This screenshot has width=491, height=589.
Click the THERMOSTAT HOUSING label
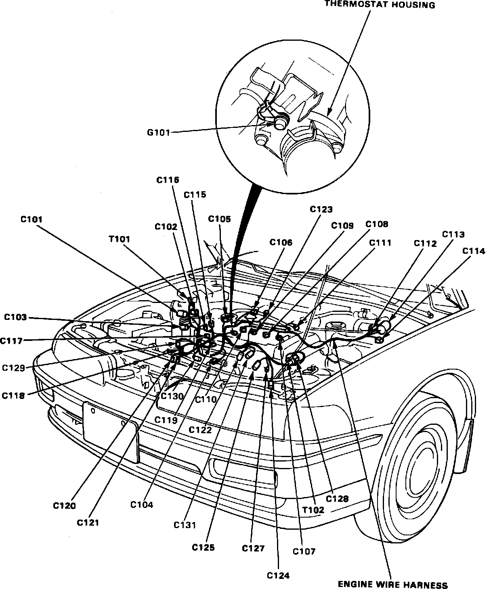coord(380,5)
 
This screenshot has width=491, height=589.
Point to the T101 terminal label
coord(119,239)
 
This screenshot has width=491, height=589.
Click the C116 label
coord(168,180)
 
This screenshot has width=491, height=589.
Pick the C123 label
coord(321,209)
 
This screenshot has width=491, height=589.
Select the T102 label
coord(313,510)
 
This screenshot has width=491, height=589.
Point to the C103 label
coord(16,317)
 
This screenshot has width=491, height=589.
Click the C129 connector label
coord(13,368)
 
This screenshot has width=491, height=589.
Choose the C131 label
coord(185,525)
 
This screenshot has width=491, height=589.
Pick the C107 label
coord(304,551)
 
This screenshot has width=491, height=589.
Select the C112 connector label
coord(425,243)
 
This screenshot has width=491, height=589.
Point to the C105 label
coord(220,219)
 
